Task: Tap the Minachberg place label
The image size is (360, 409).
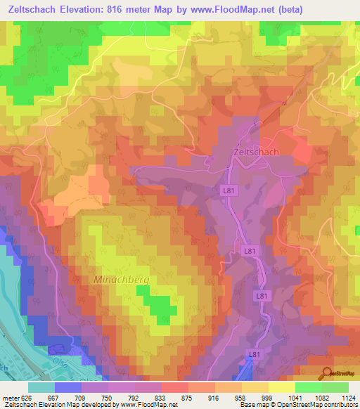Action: click(122, 279)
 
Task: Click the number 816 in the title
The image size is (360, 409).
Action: click(146, 10)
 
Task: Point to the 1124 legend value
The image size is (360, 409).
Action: click(347, 397)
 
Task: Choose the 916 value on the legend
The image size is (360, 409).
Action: click(212, 397)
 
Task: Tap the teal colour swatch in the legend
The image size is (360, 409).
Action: click(41, 387)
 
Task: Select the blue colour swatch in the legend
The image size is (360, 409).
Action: click(67, 387)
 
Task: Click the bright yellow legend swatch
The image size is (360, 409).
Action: click(281, 387)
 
